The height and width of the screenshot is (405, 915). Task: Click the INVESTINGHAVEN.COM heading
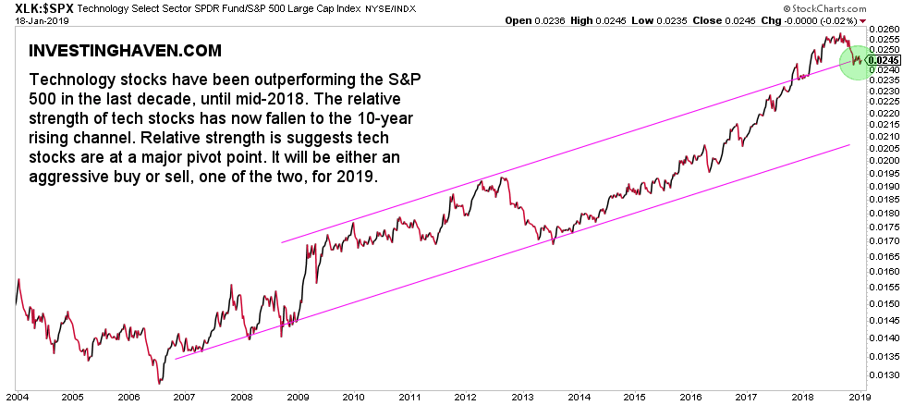coord(125,49)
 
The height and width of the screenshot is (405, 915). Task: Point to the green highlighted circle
coord(857,61)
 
